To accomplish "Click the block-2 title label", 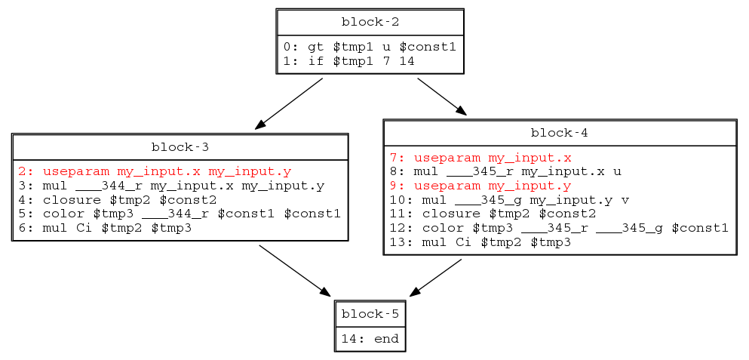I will tap(369, 21).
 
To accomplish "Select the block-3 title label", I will tap(180, 146).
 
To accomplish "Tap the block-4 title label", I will tap(559, 133).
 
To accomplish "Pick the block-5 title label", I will tap(370, 313).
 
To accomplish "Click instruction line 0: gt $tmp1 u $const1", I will tap(370, 47).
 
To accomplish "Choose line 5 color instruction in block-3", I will tap(179, 214).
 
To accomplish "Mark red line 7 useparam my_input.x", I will tap(480, 158).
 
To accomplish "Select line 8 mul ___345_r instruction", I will tap(505, 171).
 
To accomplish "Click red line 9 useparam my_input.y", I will tap(480, 186).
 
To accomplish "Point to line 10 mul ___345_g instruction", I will tap(509, 199).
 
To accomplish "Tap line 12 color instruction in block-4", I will tap(559, 228).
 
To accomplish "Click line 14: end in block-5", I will tap(370, 339).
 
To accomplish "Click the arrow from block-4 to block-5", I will tap(435, 277).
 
